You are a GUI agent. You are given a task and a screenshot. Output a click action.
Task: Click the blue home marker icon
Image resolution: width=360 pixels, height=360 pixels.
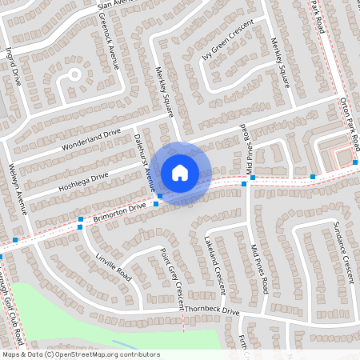click(180, 172)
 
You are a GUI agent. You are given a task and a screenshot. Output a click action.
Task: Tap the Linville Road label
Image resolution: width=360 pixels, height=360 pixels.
click(112, 262)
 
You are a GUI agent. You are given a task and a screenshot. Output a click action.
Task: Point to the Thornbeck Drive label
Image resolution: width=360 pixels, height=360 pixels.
click(213, 311)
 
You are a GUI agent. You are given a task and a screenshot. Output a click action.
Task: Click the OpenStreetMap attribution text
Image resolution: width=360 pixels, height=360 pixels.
click(81, 354)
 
